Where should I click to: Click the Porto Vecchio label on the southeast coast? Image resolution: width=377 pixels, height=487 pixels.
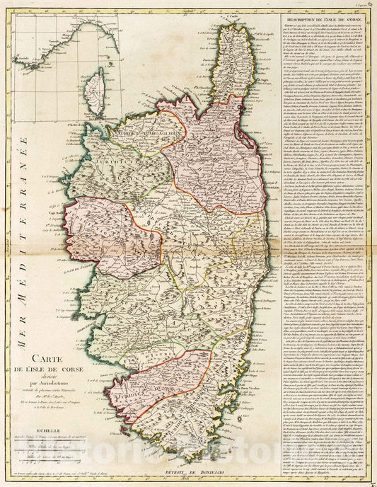(237, 411)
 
